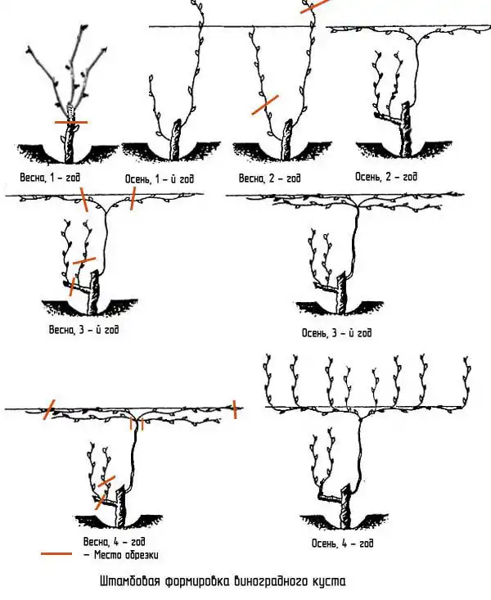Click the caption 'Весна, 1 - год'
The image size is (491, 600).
point(50,177)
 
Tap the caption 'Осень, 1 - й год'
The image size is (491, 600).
point(160,178)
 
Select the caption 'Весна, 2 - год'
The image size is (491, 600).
point(270,178)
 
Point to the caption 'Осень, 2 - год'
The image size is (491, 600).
point(386,177)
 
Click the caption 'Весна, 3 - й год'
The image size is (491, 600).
point(83,329)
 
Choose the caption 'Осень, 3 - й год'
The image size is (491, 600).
point(337,332)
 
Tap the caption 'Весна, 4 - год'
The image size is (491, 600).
point(115,542)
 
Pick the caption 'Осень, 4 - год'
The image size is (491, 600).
point(343,544)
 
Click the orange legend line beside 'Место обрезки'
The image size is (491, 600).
point(56,553)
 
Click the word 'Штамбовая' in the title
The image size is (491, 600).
point(130,581)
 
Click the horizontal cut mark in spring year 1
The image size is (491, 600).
point(71,123)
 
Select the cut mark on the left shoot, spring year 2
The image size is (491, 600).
point(265,105)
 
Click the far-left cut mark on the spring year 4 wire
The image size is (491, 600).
point(49,409)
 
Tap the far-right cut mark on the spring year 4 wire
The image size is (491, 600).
point(235,409)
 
